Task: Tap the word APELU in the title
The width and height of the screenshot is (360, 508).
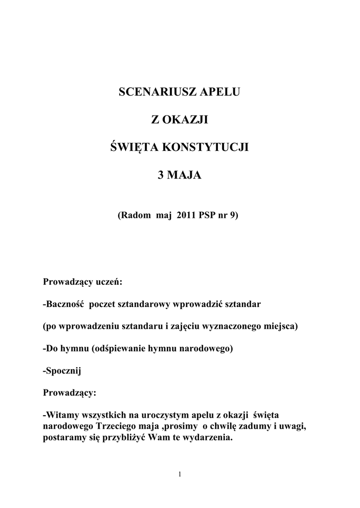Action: click(x=219, y=93)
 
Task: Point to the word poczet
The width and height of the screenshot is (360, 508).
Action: click(x=101, y=304)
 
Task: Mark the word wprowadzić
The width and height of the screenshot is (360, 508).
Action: click(x=197, y=304)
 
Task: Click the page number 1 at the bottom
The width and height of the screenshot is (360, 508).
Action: click(x=180, y=476)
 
